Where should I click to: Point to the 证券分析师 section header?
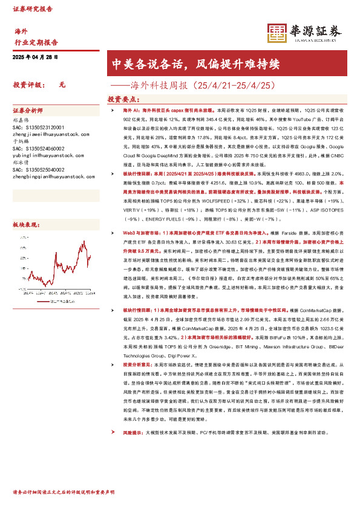(28, 111)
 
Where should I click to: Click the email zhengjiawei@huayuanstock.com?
(45, 134)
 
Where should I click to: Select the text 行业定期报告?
(36, 42)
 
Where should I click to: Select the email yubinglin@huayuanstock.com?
(42, 155)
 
